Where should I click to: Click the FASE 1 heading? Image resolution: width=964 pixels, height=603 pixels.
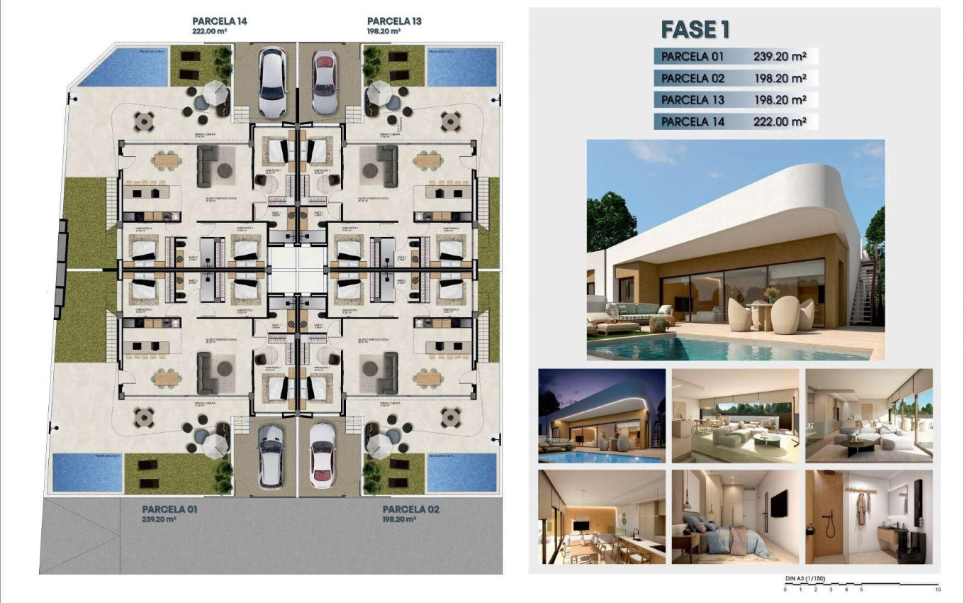click(x=695, y=29)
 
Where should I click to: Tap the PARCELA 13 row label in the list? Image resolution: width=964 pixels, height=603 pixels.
click(x=693, y=100)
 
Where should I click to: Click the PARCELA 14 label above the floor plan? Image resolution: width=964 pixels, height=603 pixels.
click(x=220, y=21)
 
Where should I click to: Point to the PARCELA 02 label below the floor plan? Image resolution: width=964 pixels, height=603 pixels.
click(x=410, y=509)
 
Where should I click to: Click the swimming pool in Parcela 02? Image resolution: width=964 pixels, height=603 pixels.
click(x=461, y=472)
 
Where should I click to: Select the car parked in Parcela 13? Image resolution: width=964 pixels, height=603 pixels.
click(x=324, y=82)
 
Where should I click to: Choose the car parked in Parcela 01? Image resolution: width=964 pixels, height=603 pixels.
click(x=270, y=455)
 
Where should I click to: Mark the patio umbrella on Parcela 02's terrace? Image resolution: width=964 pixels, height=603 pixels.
click(x=380, y=444)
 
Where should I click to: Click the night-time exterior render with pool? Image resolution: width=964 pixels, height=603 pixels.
click(x=602, y=416)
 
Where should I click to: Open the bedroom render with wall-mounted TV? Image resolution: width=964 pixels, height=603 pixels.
click(x=734, y=516)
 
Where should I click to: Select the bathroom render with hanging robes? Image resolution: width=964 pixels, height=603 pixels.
click(x=868, y=516)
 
